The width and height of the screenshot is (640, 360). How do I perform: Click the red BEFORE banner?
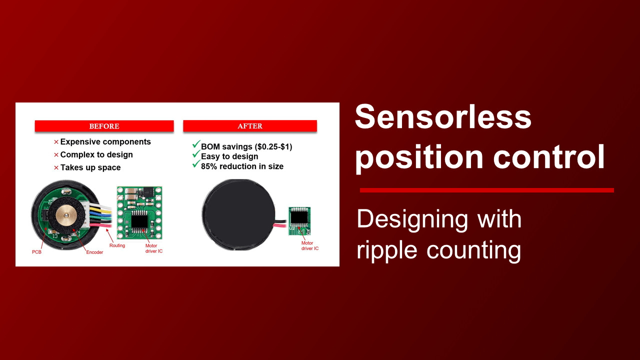(x=104, y=126)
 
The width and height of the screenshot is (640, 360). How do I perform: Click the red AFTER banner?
(x=250, y=126)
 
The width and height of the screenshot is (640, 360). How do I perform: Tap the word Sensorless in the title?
(x=443, y=117)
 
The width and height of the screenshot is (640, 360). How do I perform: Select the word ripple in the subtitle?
(x=387, y=250)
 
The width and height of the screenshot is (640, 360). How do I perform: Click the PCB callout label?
(x=36, y=252)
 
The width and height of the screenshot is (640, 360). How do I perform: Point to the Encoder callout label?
(x=94, y=252)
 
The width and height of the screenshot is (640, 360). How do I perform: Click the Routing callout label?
(x=117, y=245)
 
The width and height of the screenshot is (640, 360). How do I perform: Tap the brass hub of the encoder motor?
(x=66, y=215)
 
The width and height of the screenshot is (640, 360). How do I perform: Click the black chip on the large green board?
(x=139, y=221)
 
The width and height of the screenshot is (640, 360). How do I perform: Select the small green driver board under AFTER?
(x=299, y=221)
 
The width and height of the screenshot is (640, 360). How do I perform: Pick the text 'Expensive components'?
(x=105, y=141)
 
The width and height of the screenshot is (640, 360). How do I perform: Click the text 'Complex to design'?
(x=96, y=154)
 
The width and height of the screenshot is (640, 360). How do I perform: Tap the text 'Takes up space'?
(x=90, y=167)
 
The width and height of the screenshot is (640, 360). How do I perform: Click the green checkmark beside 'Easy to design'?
(x=196, y=154)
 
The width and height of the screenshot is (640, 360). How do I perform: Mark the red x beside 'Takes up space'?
(x=56, y=167)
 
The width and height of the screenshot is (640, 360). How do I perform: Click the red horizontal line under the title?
(x=487, y=190)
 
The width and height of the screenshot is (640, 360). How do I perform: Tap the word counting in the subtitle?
(x=474, y=250)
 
